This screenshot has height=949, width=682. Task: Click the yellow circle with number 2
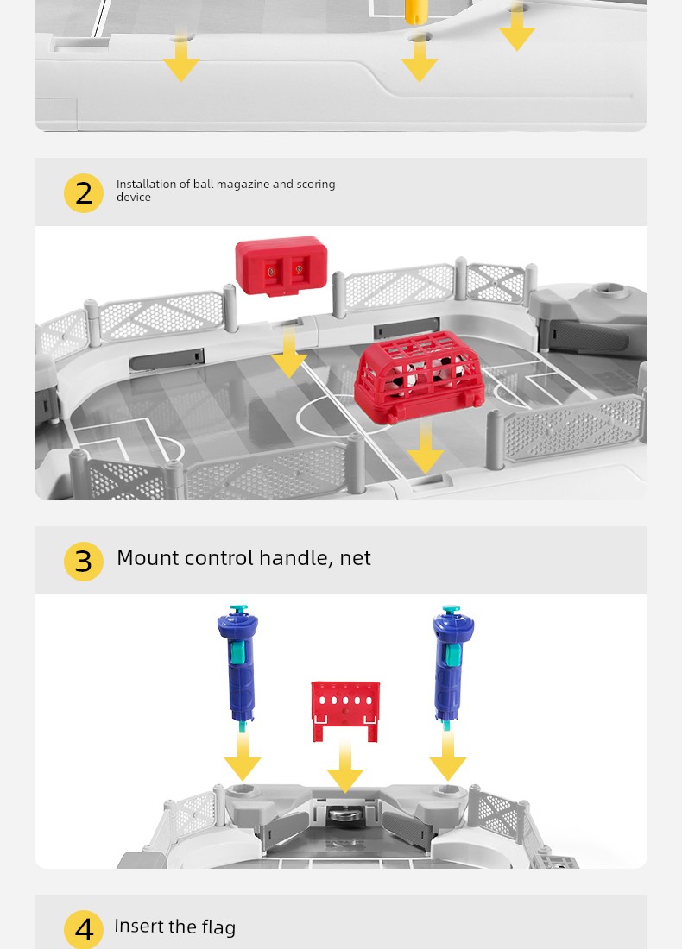pyautogui.click(x=84, y=193)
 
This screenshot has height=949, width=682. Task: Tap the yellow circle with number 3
pyautogui.click(x=84, y=561)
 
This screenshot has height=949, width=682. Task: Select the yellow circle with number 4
pyautogui.click(x=84, y=929)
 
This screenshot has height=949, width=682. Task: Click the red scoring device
pyautogui.click(x=281, y=266)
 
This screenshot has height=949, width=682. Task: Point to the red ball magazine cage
pyautogui.click(x=420, y=375)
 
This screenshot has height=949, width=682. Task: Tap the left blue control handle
pyautogui.click(x=238, y=666)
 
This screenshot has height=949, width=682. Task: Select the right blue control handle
pyautogui.click(x=452, y=666)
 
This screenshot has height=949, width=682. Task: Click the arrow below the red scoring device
pyautogui.click(x=289, y=353)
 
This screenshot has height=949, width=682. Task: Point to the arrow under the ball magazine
pyautogui.click(x=426, y=448)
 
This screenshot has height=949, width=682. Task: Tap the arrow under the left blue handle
pyautogui.click(x=243, y=757)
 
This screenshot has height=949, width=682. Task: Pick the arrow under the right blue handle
pyautogui.click(x=447, y=757)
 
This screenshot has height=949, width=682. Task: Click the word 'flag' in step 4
pyautogui.click(x=218, y=927)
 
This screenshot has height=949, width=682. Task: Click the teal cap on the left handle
pyautogui.click(x=239, y=608)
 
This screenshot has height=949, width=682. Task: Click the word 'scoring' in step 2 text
pyautogui.click(x=316, y=185)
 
